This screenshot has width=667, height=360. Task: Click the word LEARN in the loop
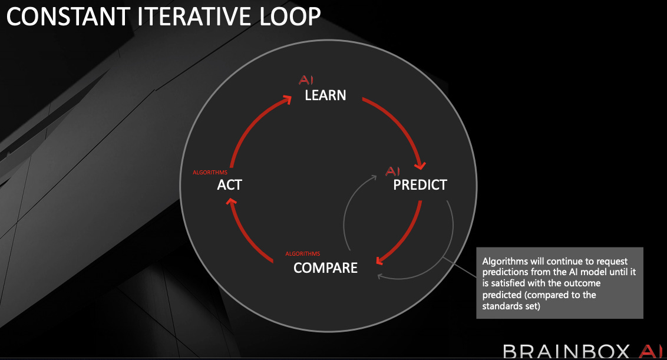[x=325, y=95]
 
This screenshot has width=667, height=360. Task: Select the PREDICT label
[x=420, y=184]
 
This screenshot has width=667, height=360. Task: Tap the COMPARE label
[x=325, y=267]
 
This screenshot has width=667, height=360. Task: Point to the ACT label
[x=229, y=184]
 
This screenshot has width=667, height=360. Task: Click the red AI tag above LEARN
[x=306, y=80]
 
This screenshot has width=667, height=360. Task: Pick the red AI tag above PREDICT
[x=392, y=171]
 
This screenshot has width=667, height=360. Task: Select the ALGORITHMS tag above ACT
[x=210, y=172]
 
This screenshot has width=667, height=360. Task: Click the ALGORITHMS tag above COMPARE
[x=302, y=253]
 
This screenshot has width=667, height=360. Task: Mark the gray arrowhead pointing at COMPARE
[x=381, y=276]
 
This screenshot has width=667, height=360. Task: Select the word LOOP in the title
[x=290, y=16]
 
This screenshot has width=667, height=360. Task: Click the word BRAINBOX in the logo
[x=566, y=352]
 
